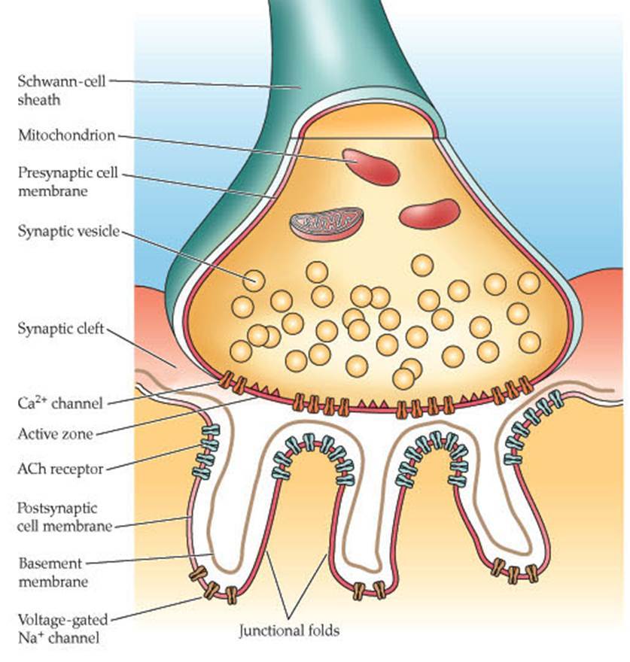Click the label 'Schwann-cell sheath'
(x=56, y=90)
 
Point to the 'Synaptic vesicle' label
(x=68, y=231)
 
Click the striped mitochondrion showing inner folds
(x=327, y=223)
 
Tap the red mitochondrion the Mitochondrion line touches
(x=370, y=166)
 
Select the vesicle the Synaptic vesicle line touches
(x=254, y=281)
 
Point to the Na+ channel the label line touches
(x=212, y=588)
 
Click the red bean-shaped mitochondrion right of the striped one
(x=429, y=214)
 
